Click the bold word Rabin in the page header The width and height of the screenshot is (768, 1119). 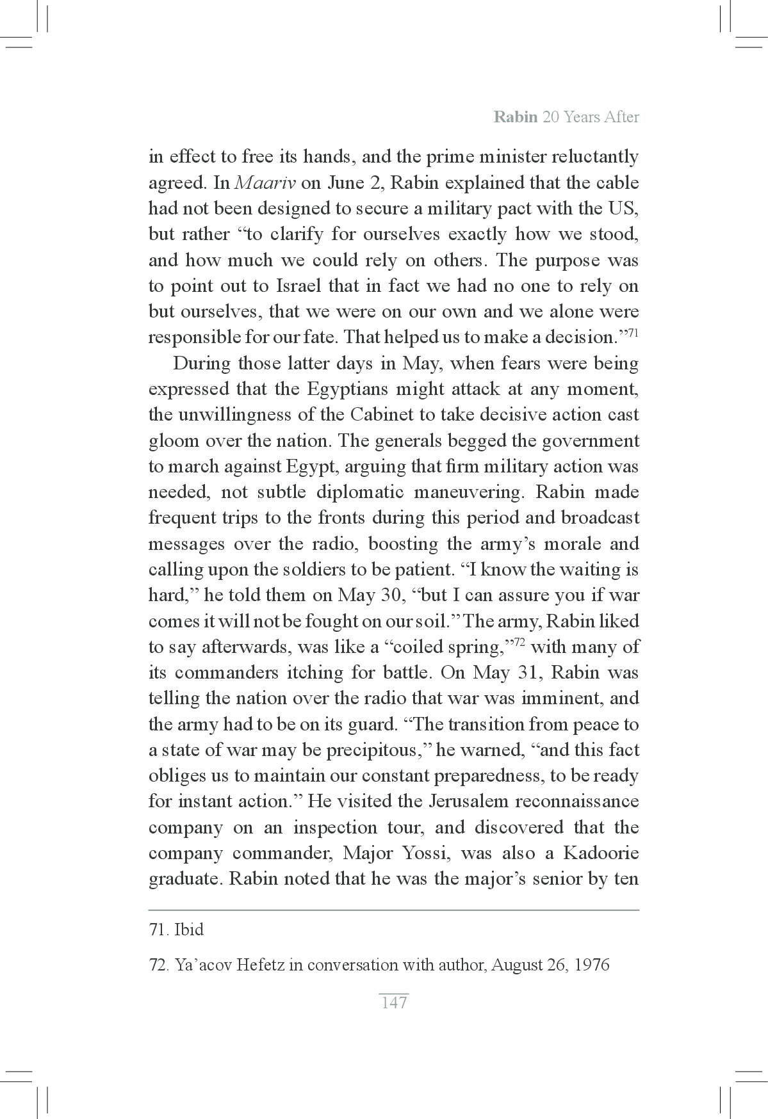(x=516, y=118)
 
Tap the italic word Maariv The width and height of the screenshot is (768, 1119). (x=265, y=183)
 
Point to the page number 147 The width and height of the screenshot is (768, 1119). (x=394, y=1002)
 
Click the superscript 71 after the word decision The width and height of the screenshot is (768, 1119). (x=632, y=332)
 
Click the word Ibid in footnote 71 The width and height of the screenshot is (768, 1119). (x=189, y=930)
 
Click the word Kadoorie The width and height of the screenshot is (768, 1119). (x=601, y=853)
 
